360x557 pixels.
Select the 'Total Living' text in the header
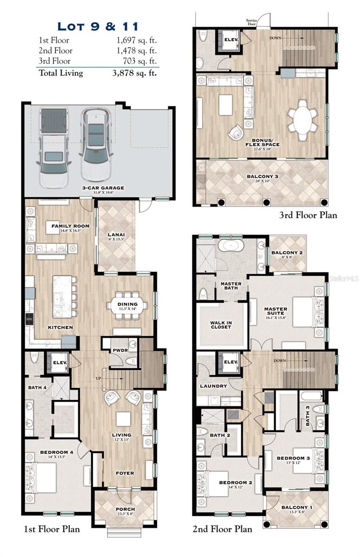61,73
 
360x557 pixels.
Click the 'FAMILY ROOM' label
71,227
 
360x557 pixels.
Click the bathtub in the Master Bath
231,246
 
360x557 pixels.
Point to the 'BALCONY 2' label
287,253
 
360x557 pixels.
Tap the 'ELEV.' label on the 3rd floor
231,40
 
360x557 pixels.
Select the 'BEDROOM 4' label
57,452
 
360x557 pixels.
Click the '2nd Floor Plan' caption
222,529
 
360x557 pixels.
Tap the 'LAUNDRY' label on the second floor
213,386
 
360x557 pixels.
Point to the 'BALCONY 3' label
262,176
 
